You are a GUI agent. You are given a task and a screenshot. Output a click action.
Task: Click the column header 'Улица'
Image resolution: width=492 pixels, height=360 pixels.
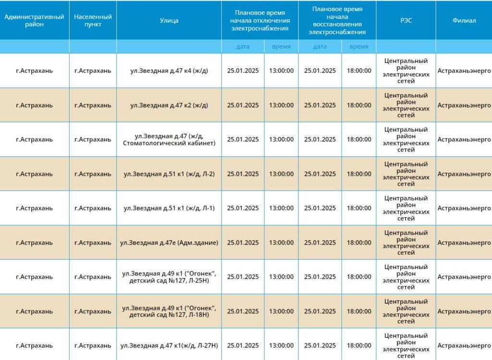tap(169, 20)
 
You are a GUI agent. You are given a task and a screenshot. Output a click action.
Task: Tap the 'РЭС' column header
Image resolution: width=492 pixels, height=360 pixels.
tap(406, 20)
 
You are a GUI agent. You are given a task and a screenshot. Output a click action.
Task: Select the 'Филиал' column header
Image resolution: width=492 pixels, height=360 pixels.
tap(464, 20)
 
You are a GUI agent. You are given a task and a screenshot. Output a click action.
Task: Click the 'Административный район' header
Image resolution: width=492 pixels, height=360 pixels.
tap(34, 20)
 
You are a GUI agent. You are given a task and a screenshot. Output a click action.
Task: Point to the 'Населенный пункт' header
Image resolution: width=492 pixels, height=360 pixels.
tap(93, 20)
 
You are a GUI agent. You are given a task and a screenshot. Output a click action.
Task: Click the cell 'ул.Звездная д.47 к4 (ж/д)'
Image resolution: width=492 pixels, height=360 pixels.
tap(169, 71)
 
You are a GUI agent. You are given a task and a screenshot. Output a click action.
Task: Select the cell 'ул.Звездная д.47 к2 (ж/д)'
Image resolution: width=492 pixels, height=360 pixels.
tap(169, 105)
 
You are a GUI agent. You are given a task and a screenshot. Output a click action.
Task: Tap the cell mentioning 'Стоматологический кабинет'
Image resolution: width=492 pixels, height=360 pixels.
tap(169, 139)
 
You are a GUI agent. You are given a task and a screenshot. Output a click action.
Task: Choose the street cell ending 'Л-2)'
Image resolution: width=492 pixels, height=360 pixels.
tap(169, 174)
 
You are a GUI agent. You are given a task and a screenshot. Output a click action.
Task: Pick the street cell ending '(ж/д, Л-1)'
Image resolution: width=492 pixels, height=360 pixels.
tap(169, 208)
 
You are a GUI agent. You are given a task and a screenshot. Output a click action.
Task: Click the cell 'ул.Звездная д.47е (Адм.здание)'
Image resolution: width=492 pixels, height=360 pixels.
tap(169, 242)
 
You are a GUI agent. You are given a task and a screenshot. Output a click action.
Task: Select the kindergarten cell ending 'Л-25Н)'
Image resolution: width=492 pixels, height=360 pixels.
tap(169, 277)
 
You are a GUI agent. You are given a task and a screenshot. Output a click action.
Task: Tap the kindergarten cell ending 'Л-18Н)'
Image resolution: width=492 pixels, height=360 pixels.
tap(169, 311)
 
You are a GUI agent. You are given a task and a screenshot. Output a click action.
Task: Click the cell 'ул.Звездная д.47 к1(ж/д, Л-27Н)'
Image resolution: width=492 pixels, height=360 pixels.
tap(169, 346)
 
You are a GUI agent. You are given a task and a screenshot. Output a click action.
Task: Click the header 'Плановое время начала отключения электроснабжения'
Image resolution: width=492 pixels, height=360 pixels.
tap(260, 20)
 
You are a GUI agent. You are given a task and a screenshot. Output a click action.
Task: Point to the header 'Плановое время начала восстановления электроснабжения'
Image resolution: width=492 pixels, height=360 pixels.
tap(337, 20)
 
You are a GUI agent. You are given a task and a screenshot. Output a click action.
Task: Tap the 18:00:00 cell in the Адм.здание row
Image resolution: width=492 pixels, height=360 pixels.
tap(359, 242)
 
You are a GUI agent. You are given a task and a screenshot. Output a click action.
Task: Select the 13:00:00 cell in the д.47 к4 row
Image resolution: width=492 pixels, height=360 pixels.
tap(281, 71)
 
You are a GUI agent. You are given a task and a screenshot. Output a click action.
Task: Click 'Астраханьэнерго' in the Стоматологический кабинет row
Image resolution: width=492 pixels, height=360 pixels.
tap(464, 139)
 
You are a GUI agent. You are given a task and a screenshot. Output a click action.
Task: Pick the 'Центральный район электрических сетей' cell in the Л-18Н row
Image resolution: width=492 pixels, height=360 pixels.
tap(406, 311)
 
